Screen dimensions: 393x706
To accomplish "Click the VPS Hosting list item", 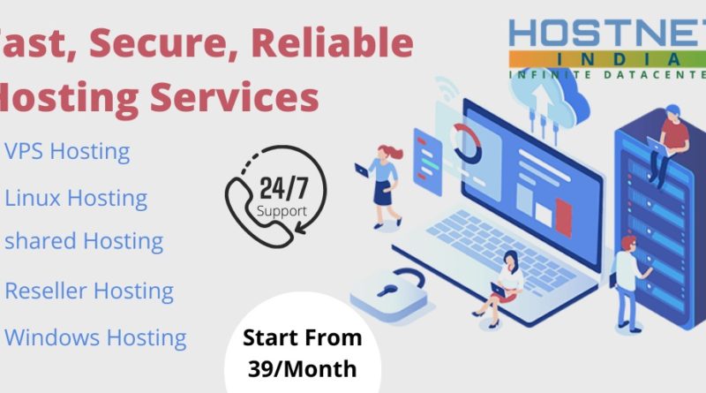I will pyautogui.click(x=67, y=151).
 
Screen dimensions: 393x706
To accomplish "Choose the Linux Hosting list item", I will pyautogui.click(x=76, y=198).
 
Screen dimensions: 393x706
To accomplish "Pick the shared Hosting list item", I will pyautogui.click(x=84, y=240).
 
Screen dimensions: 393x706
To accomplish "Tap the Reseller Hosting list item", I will pyautogui.click(x=89, y=290).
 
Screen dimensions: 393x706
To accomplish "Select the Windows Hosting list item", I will pyautogui.click(x=95, y=336).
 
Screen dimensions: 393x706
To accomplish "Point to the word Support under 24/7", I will pyautogui.click(x=282, y=211).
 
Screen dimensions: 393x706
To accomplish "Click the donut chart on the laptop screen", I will pyautogui.click(x=463, y=140).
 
